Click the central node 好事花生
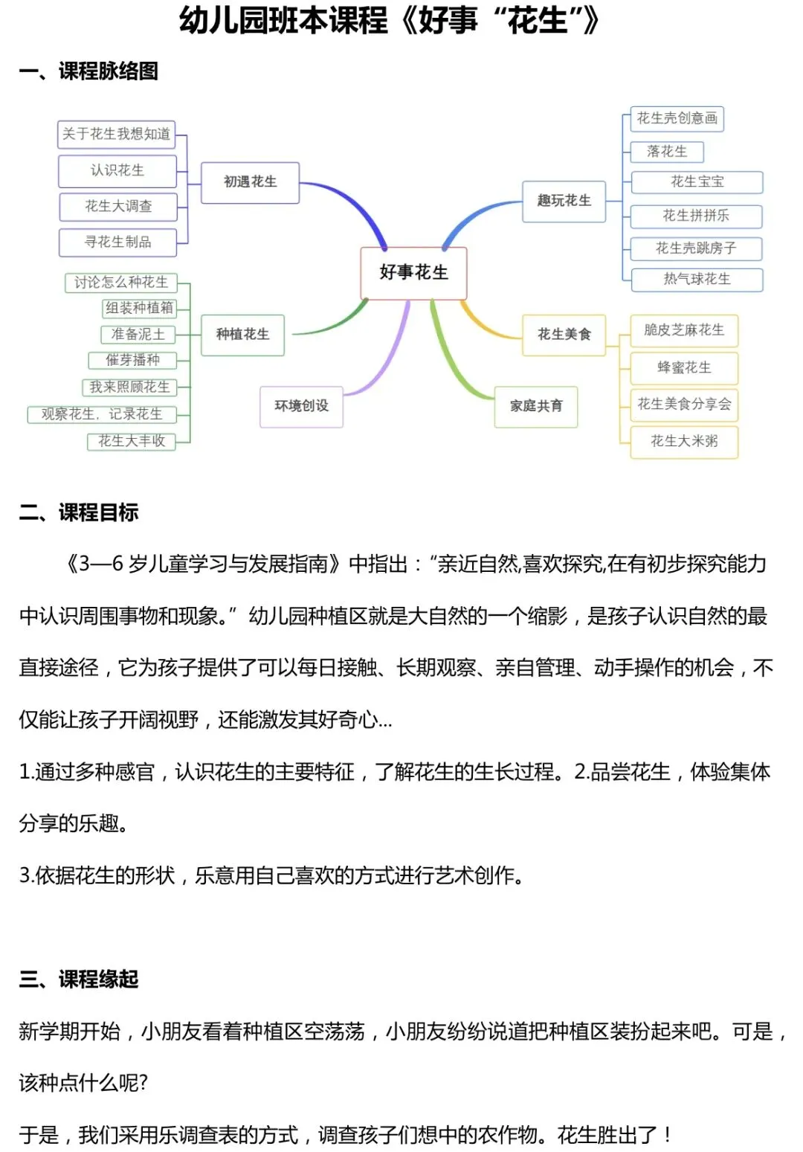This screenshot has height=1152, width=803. [x=413, y=273]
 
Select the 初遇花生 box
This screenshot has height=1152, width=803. [x=250, y=182]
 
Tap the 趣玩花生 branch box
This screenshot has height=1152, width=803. [x=564, y=201]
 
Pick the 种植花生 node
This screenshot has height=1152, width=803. [x=242, y=335]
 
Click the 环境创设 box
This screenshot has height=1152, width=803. [x=301, y=406]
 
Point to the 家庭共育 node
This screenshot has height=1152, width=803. [x=536, y=406]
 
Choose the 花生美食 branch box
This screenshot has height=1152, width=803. [x=564, y=335]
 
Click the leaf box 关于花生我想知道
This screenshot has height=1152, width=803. [x=116, y=135]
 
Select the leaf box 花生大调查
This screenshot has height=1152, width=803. [x=118, y=207]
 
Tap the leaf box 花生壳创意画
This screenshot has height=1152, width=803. [x=677, y=118]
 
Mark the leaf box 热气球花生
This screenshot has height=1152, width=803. [x=697, y=280]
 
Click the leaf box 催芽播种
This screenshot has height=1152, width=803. [x=132, y=361]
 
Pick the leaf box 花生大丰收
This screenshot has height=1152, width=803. [x=132, y=441]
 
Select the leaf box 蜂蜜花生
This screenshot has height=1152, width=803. [x=684, y=368]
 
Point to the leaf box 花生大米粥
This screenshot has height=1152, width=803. [x=684, y=441]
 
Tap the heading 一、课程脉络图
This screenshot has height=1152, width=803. [x=88, y=71]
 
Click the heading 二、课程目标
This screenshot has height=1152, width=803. [x=79, y=512]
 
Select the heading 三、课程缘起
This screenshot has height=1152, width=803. [x=79, y=979]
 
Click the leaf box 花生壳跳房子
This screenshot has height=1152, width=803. [x=696, y=248]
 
